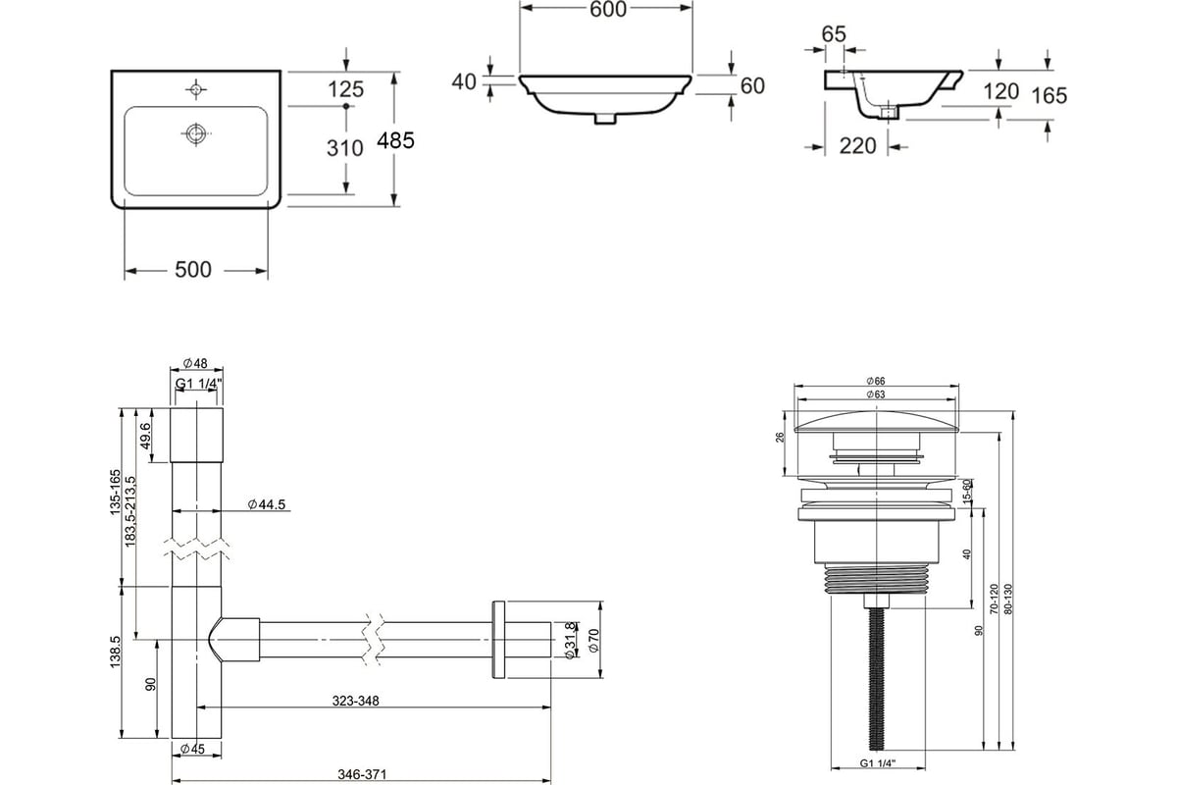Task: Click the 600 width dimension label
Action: coord(608,10)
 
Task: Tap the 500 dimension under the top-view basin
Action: coord(193,270)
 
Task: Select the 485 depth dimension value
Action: coord(395,140)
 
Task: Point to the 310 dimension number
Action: coord(344,148)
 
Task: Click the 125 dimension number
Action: coord(345,89)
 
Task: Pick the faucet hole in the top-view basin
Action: coord(196,90)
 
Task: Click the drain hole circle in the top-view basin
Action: coord(196,133)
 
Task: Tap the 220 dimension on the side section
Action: coord(857,146)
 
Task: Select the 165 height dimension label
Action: coord(1049,96)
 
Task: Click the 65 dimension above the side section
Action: coord(834,34)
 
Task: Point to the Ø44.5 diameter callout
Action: coord(267,504)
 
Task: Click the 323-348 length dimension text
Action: coord(355,701)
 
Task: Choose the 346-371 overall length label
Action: coord(362,774)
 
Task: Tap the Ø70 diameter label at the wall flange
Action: coord(593,641)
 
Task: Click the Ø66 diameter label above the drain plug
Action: coord(876,381)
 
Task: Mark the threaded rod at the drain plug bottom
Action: coord(877,679)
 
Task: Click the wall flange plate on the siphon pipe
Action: coord(498,640)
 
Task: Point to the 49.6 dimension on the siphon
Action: coord(145,436)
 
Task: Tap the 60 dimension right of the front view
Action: coord(752,85)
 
